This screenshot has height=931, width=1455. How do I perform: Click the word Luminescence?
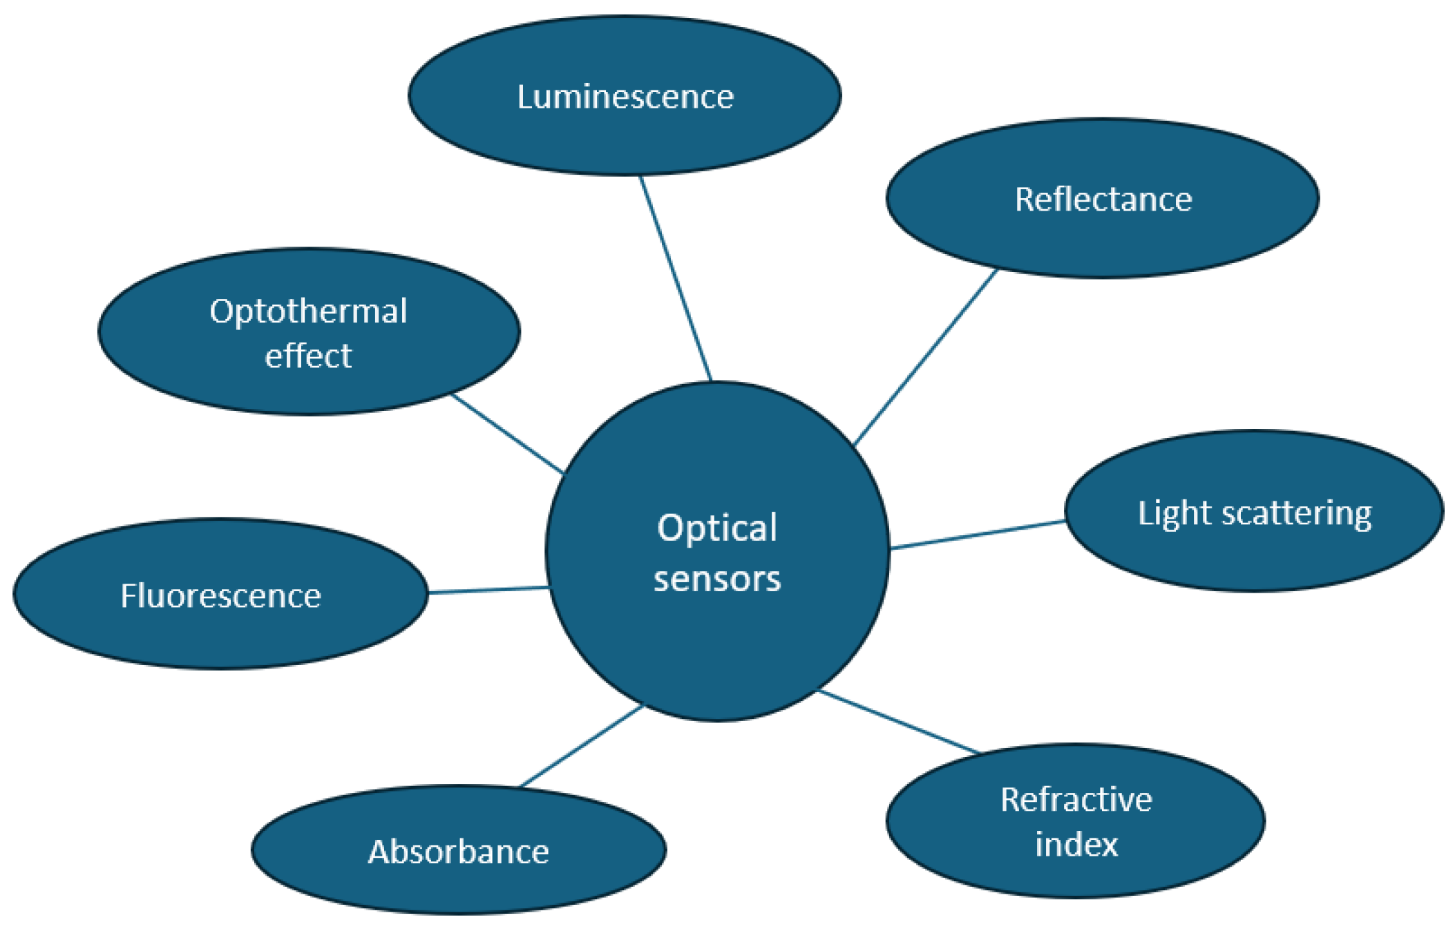[x=625, y=97]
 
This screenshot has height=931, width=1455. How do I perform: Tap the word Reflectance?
[x=1103, y=200]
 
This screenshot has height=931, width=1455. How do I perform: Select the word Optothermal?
[x=308, y=311]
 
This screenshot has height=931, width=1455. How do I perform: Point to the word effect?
[x=308, y=356]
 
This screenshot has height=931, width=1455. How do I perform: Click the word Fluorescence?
[x=220, y=596]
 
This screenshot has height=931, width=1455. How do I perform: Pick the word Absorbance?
[x=458, y=852]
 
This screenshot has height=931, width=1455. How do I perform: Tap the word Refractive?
[x=1076, y=800]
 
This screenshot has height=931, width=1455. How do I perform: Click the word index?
[x=1076, y=845]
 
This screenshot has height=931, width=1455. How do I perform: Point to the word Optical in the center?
[x=717, y=528]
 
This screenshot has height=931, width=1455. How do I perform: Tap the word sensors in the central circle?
[x=717, y=579]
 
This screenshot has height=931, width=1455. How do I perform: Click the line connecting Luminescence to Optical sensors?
[x=676, y=278]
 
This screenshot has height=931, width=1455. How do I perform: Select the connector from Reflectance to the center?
[x=926, y=357]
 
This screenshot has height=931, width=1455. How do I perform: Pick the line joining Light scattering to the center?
[x=978, y=535]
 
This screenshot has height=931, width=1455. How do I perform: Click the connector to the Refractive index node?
[x=899, y=721]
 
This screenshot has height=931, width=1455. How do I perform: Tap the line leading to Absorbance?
[x=581, y=746]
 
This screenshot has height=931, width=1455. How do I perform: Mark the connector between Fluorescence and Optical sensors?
[x=488, y=590]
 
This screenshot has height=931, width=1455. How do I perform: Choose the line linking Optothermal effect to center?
[x=508, y=434]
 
